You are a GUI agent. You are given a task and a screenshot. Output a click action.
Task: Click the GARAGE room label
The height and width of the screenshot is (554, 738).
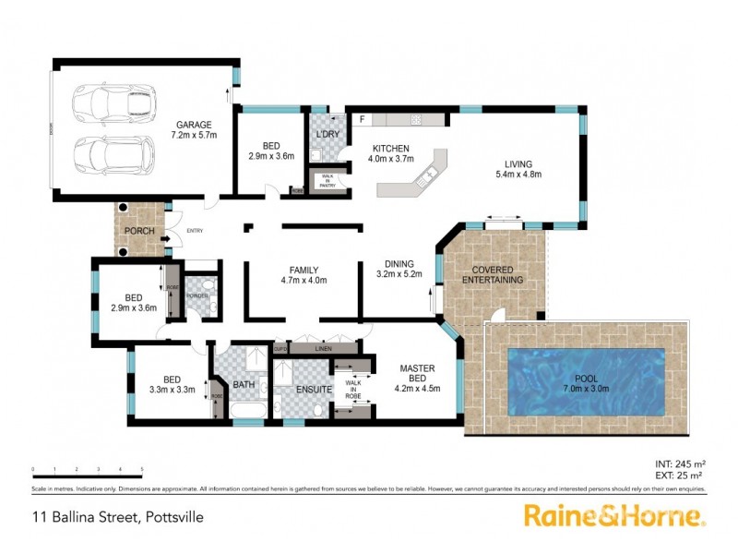[192, 125]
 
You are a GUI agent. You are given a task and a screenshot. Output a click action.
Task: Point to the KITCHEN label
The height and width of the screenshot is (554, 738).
[391, 150]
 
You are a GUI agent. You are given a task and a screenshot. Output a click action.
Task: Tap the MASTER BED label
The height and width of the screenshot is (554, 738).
[417, 369]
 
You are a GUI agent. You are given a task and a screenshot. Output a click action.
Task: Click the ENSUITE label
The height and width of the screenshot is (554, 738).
[314, 390]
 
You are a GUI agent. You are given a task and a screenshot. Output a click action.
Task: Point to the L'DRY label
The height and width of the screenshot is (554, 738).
[328, 134]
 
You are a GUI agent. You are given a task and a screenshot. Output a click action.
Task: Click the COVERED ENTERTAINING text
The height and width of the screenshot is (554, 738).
[493, 274]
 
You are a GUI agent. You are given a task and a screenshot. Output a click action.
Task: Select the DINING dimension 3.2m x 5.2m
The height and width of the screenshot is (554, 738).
[399, 275]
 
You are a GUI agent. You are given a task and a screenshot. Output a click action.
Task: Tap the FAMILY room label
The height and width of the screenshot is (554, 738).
[304, 269]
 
